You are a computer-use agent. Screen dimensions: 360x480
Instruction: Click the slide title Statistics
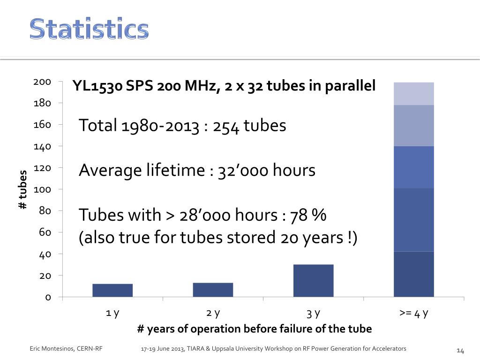pyautogui.click(x=89, y=30)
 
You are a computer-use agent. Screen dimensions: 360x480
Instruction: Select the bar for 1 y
pyautogui.click(x=112, y=290)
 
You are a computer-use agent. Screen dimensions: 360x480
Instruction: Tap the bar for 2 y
pyautogui.click(x=213, y=290)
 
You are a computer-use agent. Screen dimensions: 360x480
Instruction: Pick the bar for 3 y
pyautogui.click(x=313, y=280)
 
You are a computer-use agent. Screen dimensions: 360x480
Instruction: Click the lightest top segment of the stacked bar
pyautogui.click(x=413, y=93)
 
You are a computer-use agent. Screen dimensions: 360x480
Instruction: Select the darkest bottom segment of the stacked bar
pyautogui.click(x=413, y=274)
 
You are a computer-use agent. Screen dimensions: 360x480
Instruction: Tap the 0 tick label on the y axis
pyautogui.click(x=47, y=297)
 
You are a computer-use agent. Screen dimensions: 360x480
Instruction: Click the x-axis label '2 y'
pyautogui.click(x=213, y=313)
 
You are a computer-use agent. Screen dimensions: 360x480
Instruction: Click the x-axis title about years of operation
pyautogui.click(x=254, y=329)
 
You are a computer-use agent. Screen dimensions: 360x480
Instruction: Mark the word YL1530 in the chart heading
pyautogui.click(x=97, y=86)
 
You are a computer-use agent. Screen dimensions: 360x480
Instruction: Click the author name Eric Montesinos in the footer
pyautogui.click(x=52, y=349)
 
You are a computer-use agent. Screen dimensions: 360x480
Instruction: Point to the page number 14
pyautogui.click(x=460, y=351)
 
